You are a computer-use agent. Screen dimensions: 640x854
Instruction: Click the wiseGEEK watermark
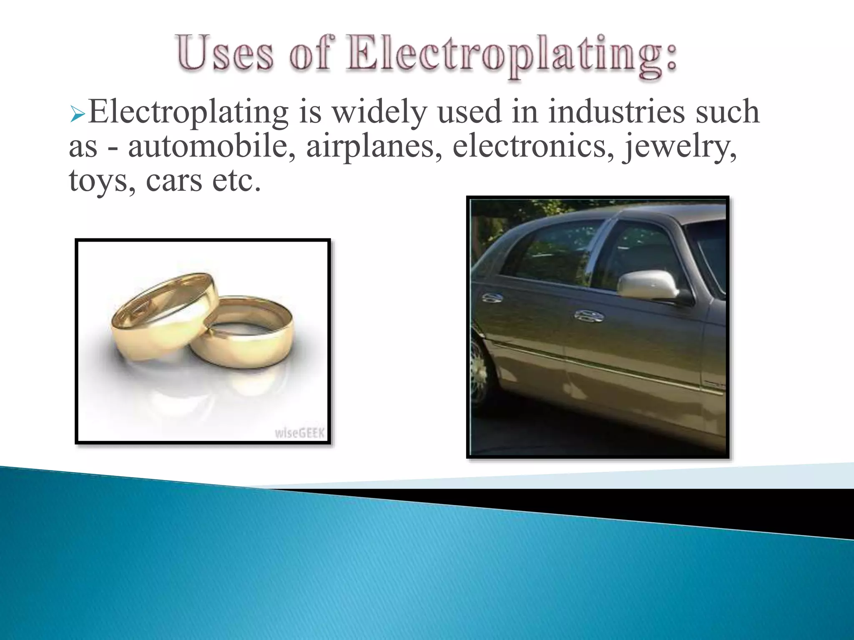tap(299, 433)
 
